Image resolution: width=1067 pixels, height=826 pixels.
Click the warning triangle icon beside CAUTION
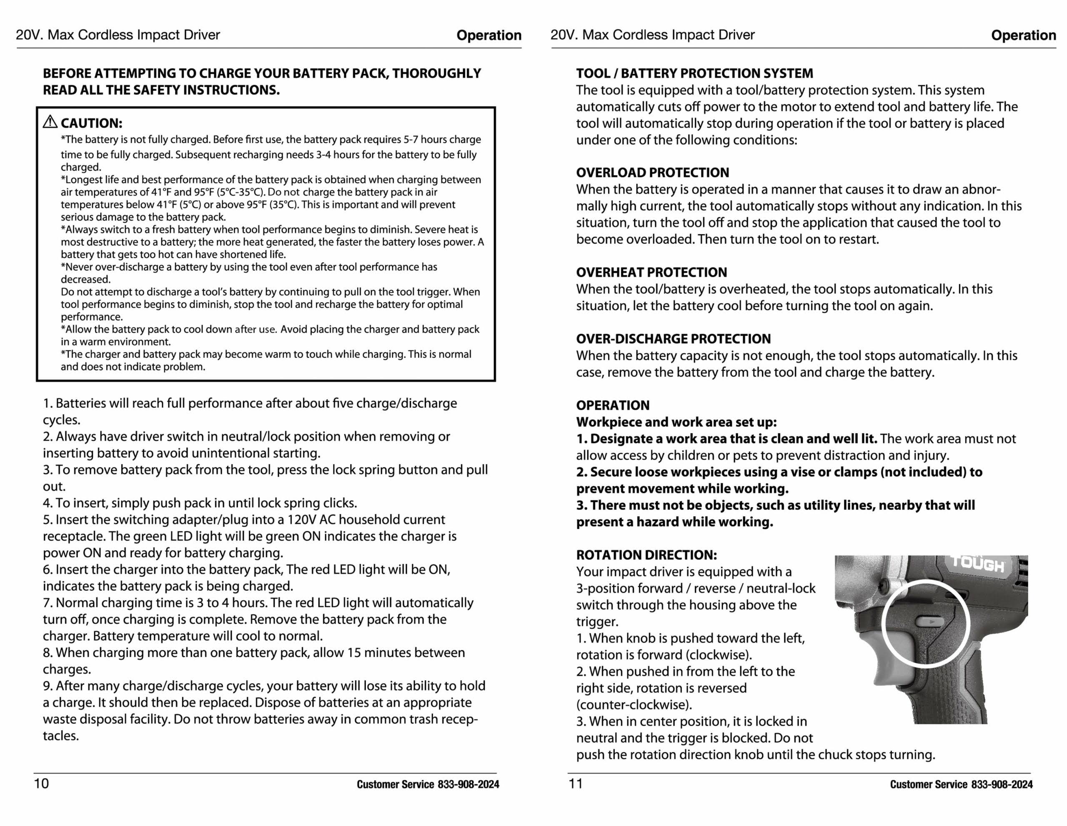[x=50, y=122]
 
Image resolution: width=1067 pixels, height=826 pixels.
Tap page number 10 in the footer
[x=42, y=783]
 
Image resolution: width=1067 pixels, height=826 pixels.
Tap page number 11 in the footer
[x=576, y=783]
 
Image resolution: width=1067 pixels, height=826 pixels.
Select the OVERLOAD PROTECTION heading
[x=652, y=173]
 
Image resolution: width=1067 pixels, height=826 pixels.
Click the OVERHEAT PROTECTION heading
[x=651, y=272]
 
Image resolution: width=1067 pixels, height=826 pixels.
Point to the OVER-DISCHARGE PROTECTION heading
[x=673, y=339]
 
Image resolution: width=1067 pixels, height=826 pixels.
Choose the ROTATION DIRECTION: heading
[x=646, y=555]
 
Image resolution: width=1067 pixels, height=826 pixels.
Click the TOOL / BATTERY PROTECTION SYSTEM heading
[x=694, y=73]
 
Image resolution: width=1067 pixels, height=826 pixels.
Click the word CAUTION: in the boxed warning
[x=91, y=123]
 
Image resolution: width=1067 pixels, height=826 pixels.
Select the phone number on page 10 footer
[x=468, y=784]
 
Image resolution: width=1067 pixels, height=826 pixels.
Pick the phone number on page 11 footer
[x=1002, y=784]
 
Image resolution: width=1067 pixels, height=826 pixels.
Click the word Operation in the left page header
[x=488, y=35]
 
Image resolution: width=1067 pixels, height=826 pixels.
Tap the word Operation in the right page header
[x=1023, y=35]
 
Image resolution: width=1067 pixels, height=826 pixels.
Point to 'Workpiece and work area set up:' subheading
[x=676, y=422]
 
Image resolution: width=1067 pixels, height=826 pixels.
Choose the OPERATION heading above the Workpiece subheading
[x=613, y=405]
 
